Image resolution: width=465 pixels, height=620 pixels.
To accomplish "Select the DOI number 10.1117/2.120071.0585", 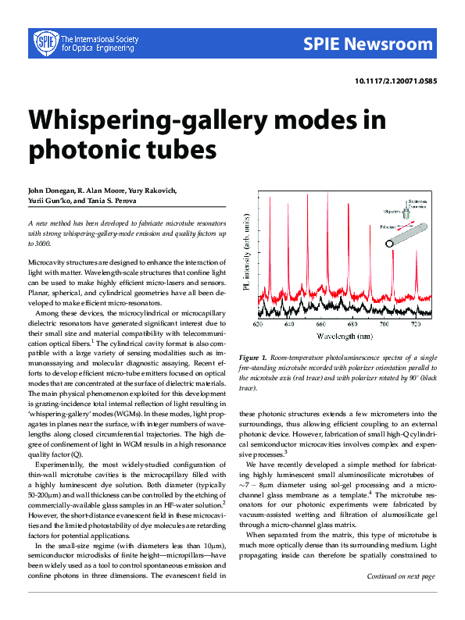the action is (x=396, y=81).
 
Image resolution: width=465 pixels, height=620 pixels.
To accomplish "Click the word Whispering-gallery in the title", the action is (x=156, y=120).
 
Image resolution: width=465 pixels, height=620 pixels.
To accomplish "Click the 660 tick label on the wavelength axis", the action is (x=321, y=323).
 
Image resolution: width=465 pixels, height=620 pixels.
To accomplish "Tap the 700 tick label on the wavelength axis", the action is (x=385, y=323).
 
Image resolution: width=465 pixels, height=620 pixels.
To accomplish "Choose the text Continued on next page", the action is (x=401, y=598).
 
